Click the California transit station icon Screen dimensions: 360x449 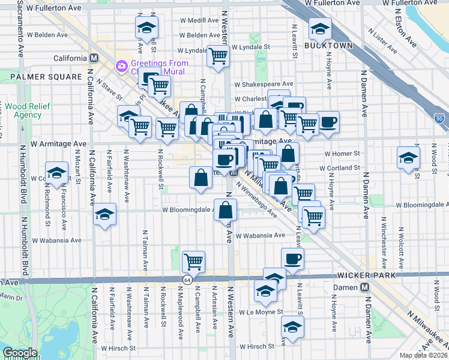94,58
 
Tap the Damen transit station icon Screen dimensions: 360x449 364,287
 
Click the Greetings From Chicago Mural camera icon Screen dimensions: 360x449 121,64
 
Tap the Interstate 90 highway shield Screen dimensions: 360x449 439,119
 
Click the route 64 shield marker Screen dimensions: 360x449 188,280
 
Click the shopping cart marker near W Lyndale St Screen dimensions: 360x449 218,56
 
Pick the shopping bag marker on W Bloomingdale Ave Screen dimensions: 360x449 225,210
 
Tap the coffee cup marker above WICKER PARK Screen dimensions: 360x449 292,259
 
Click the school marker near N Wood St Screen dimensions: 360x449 408,157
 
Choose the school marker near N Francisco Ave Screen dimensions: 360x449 57,172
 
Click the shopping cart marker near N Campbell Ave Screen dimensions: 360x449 193,261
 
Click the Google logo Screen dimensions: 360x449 19,353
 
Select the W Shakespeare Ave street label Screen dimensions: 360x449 264,84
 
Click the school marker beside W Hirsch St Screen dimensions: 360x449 292,326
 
